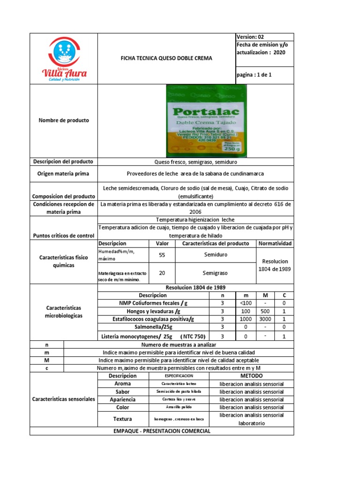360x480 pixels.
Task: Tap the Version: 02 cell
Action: tap(254, 37)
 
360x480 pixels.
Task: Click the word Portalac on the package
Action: tap(206, 112)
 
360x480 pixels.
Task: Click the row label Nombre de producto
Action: tap(64, 120)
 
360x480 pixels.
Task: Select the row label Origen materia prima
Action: tap(63, 173)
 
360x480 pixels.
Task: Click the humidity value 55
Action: tap(162, 255)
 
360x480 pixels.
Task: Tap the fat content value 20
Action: tap(162, 272)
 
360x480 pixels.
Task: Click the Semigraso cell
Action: tap(215, 272)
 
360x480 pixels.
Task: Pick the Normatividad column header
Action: tap(275, 244)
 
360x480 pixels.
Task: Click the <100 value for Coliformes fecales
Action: tap(245, 303)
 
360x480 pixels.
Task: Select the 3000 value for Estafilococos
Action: tap(265, 319)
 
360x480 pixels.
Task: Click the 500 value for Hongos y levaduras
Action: tap(265, 311)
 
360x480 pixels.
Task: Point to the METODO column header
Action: tap(251, 376)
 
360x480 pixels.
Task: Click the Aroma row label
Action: tap(122, 383)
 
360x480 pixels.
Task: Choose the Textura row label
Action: tap(122, 419)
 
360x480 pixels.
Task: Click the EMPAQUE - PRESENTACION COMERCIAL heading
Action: tap(162, 431)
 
